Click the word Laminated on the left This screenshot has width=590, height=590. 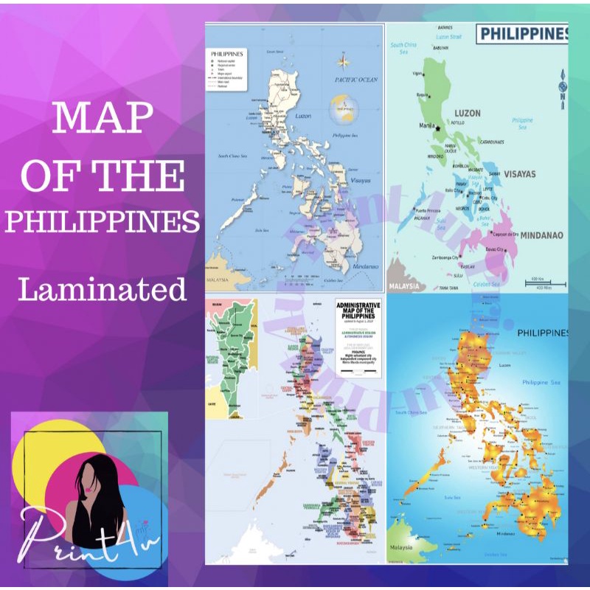pos(103,288)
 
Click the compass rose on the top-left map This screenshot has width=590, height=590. pos(344,61)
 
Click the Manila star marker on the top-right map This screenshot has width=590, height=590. pos(438,128)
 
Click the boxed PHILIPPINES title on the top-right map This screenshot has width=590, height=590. pos(523,33)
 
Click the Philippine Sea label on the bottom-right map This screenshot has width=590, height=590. pos(541,382)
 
